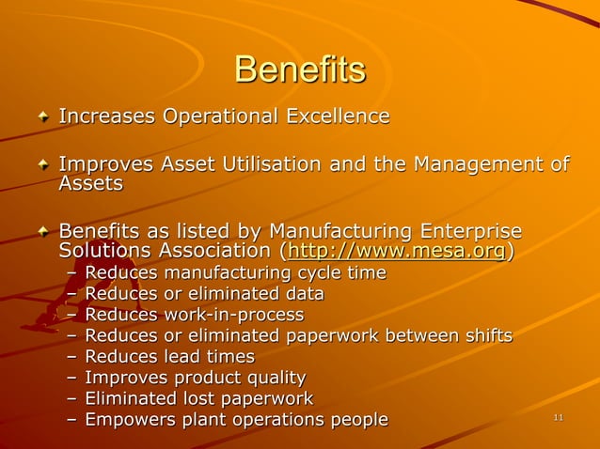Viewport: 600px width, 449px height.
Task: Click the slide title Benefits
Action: (x=299, y=70)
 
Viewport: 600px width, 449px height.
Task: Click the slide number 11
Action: (x=559, y=418)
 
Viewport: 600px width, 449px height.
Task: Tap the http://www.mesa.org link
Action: (x=399, y=252)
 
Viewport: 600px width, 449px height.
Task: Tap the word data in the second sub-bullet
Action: (x=303, y=294)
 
